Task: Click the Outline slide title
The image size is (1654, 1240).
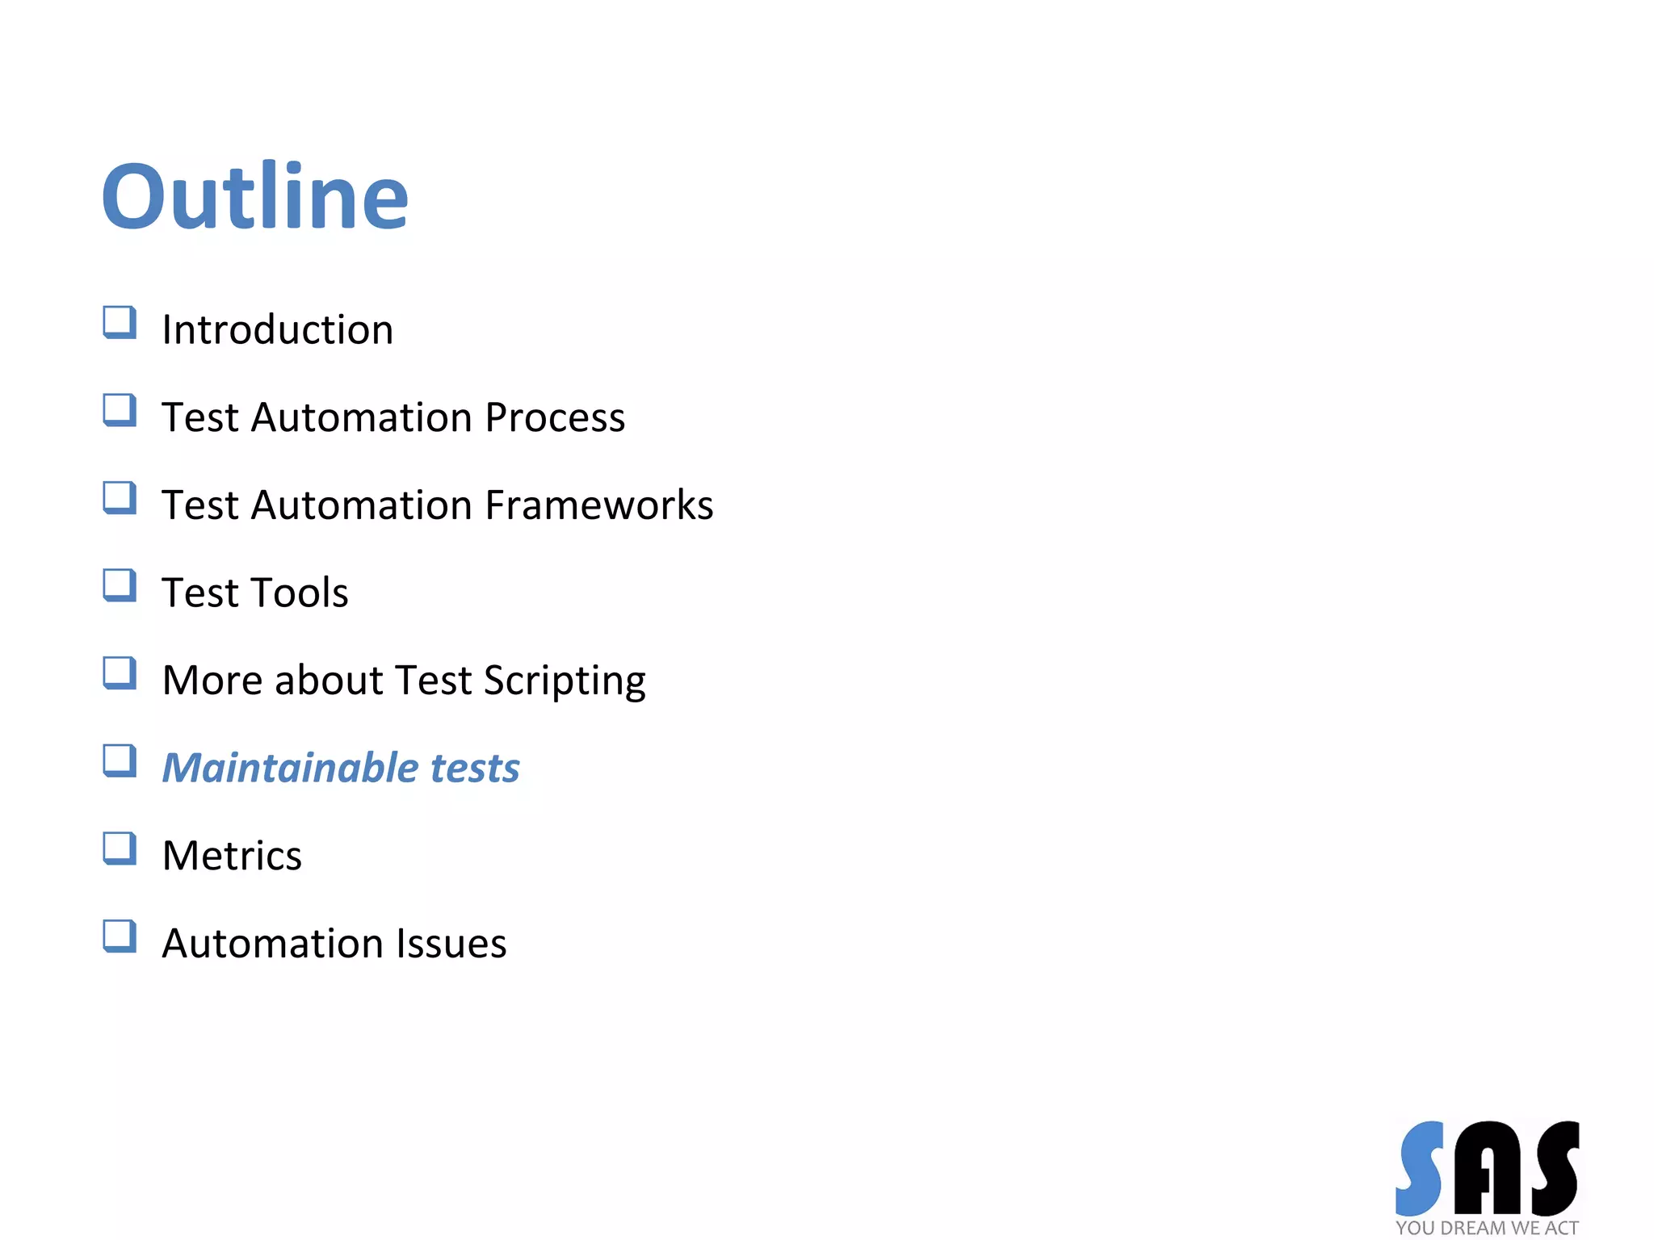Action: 255,196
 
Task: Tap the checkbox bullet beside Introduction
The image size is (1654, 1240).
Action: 120,322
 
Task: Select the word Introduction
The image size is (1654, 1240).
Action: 278,329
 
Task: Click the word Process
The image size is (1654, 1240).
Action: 555,417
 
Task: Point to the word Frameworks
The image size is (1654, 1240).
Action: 599,505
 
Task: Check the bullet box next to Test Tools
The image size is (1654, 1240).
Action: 120,585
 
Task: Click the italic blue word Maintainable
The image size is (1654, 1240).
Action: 289,768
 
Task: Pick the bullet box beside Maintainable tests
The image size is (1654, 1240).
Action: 120,760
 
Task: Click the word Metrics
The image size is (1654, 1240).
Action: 232,856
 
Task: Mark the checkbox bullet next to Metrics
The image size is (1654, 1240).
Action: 120,848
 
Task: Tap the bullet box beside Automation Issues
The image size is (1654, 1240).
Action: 120,936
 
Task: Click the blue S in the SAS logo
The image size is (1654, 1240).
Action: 1420,1168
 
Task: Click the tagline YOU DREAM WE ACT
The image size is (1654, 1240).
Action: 1487,1228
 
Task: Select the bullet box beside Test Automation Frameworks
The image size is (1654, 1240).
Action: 120,497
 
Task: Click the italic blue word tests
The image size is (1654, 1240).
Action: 475,768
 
